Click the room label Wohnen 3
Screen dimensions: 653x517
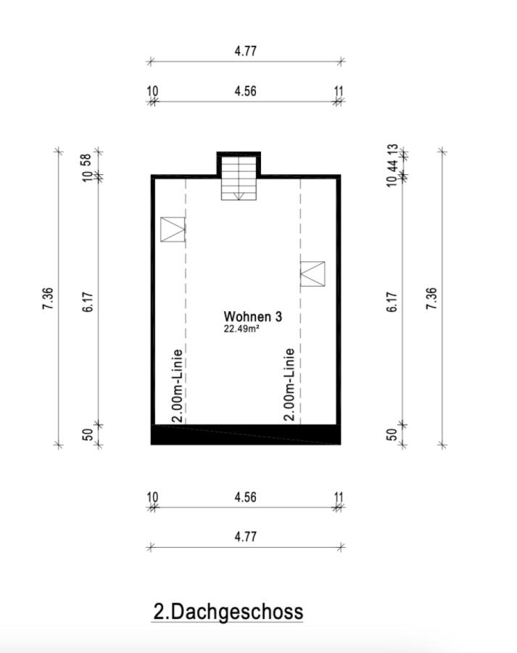tap(252, 316)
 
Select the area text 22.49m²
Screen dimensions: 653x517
tap(242, 329)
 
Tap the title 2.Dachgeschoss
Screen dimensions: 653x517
tap(228, 612)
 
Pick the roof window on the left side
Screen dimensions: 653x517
tap(173, 229)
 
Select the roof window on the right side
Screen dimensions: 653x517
tap(313, 274)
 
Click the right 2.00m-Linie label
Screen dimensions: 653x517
tap(289, 385)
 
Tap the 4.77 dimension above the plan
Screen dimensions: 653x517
tap(245, 52)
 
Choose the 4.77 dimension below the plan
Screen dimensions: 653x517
tap(245, 537)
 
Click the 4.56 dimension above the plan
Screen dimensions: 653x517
tap(245, 91)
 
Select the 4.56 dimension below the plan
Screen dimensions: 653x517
tap(245, 498)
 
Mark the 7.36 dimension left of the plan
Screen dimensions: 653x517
tap(48, 298)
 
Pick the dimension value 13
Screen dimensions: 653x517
tap(392, 150)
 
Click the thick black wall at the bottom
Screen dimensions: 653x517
tap(245, 435)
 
